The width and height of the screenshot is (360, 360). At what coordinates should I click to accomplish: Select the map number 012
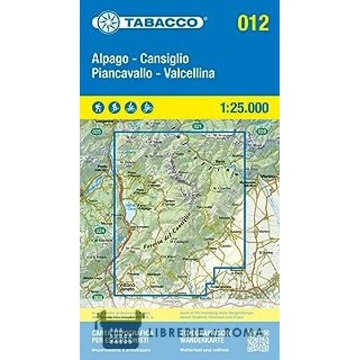(253, 23)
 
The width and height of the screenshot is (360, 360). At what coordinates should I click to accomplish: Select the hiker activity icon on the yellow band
(97, 107)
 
